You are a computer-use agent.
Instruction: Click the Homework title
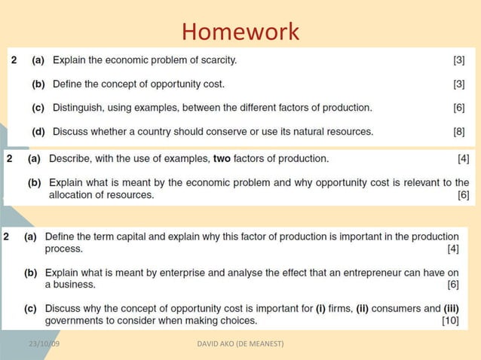(x=240, y=32)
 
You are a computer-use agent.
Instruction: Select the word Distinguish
(x=78, y=108)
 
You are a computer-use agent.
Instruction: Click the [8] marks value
(x=458, y=131)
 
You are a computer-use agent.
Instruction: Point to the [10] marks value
(x=450, y=320)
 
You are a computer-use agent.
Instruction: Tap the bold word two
(x=222, y=158)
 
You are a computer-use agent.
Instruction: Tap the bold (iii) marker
(x=451, y=308)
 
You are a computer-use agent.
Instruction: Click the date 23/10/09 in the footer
(x=44, y=344)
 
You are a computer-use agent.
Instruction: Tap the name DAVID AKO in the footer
(x=216, y=344)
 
